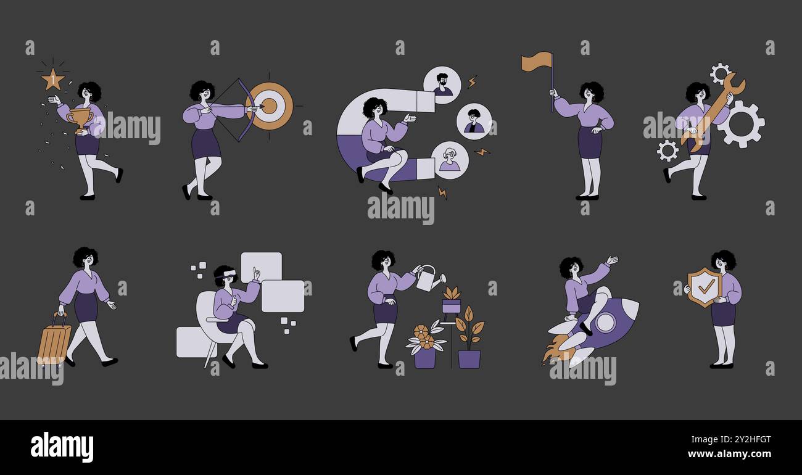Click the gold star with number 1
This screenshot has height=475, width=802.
pyautogui.click(x=52, y=79)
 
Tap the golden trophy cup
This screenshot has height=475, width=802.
pyautogui.click(x=80, y=118)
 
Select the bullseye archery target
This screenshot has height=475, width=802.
pyautogui.click(x=269, y=106)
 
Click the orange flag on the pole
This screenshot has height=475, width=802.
pyautogui.click(x=535, y=61)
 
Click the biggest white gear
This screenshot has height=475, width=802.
pyautogui.click(x=741, y=124)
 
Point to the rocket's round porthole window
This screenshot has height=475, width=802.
pyautogui.click(x=605, y=321)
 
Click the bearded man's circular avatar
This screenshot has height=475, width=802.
pyautogui.click(x=442, y=85)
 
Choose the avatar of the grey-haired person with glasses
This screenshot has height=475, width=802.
pyautogui.click(x=450, y=160)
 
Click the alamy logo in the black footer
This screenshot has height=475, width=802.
pyautogui.click(x=62, y=447)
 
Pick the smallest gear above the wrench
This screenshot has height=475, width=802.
pyautogui.click(x=719, y=72)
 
